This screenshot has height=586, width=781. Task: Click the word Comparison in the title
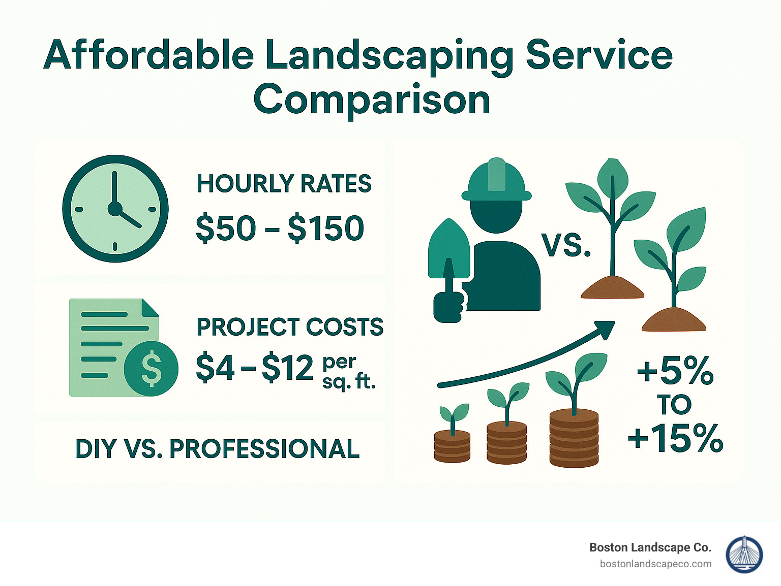[x=372, y=100]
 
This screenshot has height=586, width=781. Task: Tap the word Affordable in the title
[x=148, y=55]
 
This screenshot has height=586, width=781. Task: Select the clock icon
[x=115, y=209]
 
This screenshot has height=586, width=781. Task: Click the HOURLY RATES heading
[x=284, y=184]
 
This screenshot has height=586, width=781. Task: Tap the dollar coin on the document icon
[x=151, y=369]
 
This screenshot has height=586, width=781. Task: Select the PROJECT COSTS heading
[x=290, y=327]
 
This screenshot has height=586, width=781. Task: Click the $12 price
[x=288, y=368]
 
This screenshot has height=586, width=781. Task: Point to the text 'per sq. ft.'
[x=348, y=372]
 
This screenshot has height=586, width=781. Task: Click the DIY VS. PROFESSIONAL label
[x=218, y=449]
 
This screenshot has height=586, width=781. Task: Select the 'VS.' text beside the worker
[x=566, y=245]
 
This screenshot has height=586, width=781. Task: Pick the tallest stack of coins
[x=574, y=438]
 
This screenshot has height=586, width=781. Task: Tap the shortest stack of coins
[x=452, y=446]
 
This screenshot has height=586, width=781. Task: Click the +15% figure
[x=675, y=438]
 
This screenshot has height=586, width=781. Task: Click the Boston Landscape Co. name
[x=650, y=547]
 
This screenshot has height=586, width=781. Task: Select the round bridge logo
[x=744, y=555]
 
